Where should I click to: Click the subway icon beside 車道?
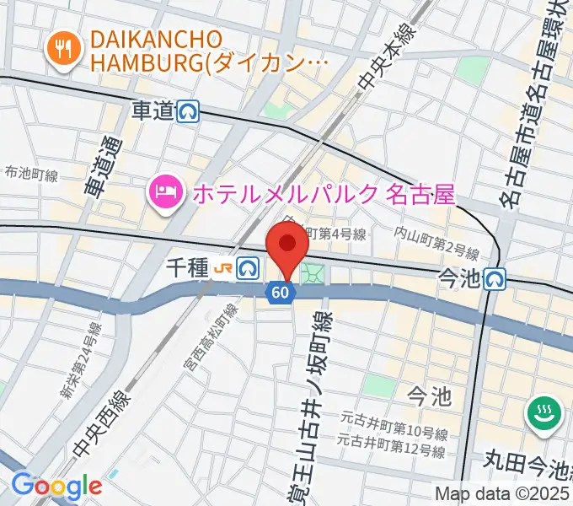click(x=189, y=111)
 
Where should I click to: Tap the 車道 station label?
click(x=153, y=110)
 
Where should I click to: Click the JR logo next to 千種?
click(x=223, y=268)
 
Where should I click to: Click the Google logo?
click(x=56, y=486)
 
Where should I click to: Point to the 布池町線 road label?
click(x=30, y=175)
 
